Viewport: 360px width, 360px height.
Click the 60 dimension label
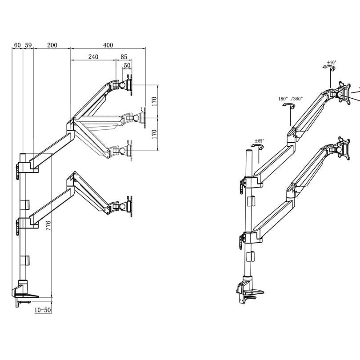(x=17, y=45)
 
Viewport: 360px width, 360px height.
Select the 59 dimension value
(x=28, y=45)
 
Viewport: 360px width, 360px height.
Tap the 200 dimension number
(x=52, y=45)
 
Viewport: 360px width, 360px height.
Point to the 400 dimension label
(x=108, y=45)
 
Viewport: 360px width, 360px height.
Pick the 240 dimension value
(x=93, y=57)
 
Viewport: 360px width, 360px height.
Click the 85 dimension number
(x=124, y=57)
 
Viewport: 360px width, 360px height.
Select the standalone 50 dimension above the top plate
(x=127, y=65)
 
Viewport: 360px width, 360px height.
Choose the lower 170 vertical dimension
(x=154, y=134)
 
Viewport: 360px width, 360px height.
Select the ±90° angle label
(x=332, y=63)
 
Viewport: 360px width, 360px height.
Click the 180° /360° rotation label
(x=290, y=98)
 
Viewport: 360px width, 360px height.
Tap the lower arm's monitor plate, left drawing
(x=129, y=206)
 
